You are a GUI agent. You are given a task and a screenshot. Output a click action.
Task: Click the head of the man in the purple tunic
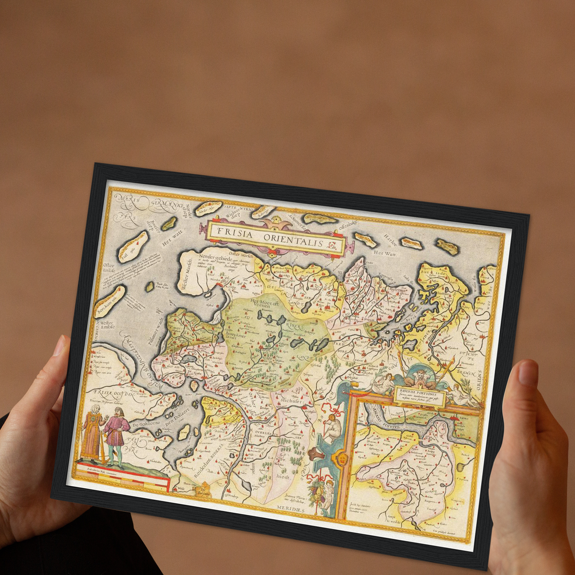point(118,411)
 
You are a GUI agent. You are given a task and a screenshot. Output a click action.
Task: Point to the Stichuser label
point(291,401)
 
